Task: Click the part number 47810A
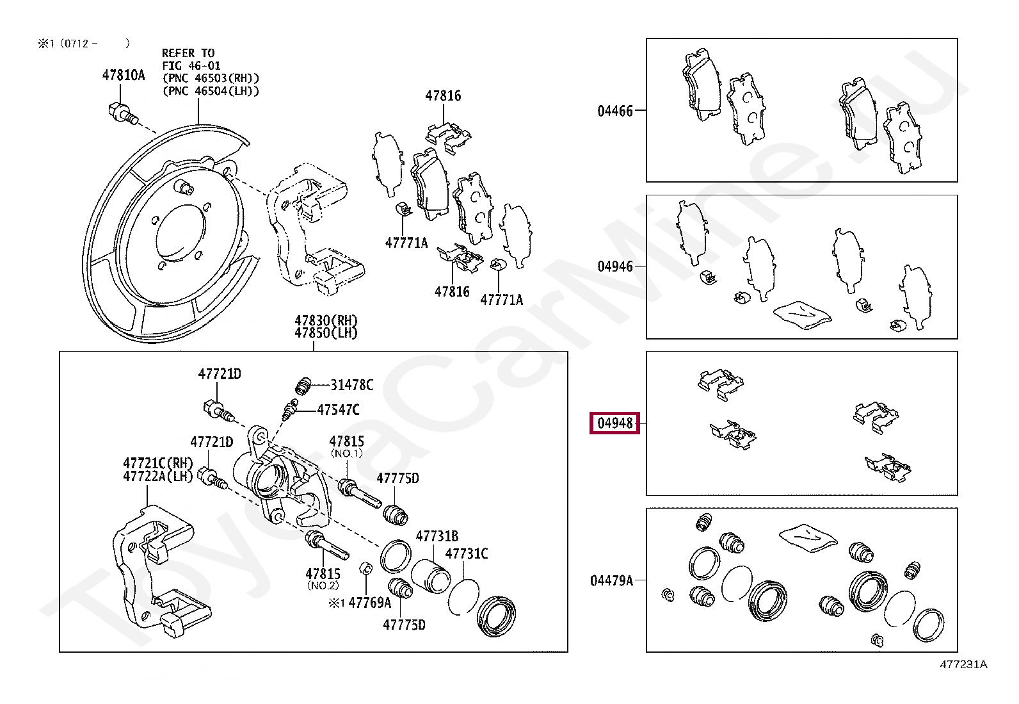(124, 76)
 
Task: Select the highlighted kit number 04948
(614, 423)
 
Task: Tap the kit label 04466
(614, 111)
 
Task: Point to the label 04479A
(611, 580)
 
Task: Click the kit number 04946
(614, 266)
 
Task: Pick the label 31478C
(351, 385)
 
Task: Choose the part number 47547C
(338, 410)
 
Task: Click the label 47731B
(437, 536)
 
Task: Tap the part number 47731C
(466, 553)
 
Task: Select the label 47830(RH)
(326, 320)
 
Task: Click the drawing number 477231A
(963, 664)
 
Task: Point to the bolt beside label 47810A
(122, 113)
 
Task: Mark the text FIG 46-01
(191, 65)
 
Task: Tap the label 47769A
(369, 603)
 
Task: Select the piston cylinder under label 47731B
(429, 575)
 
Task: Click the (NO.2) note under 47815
(323, 585)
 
